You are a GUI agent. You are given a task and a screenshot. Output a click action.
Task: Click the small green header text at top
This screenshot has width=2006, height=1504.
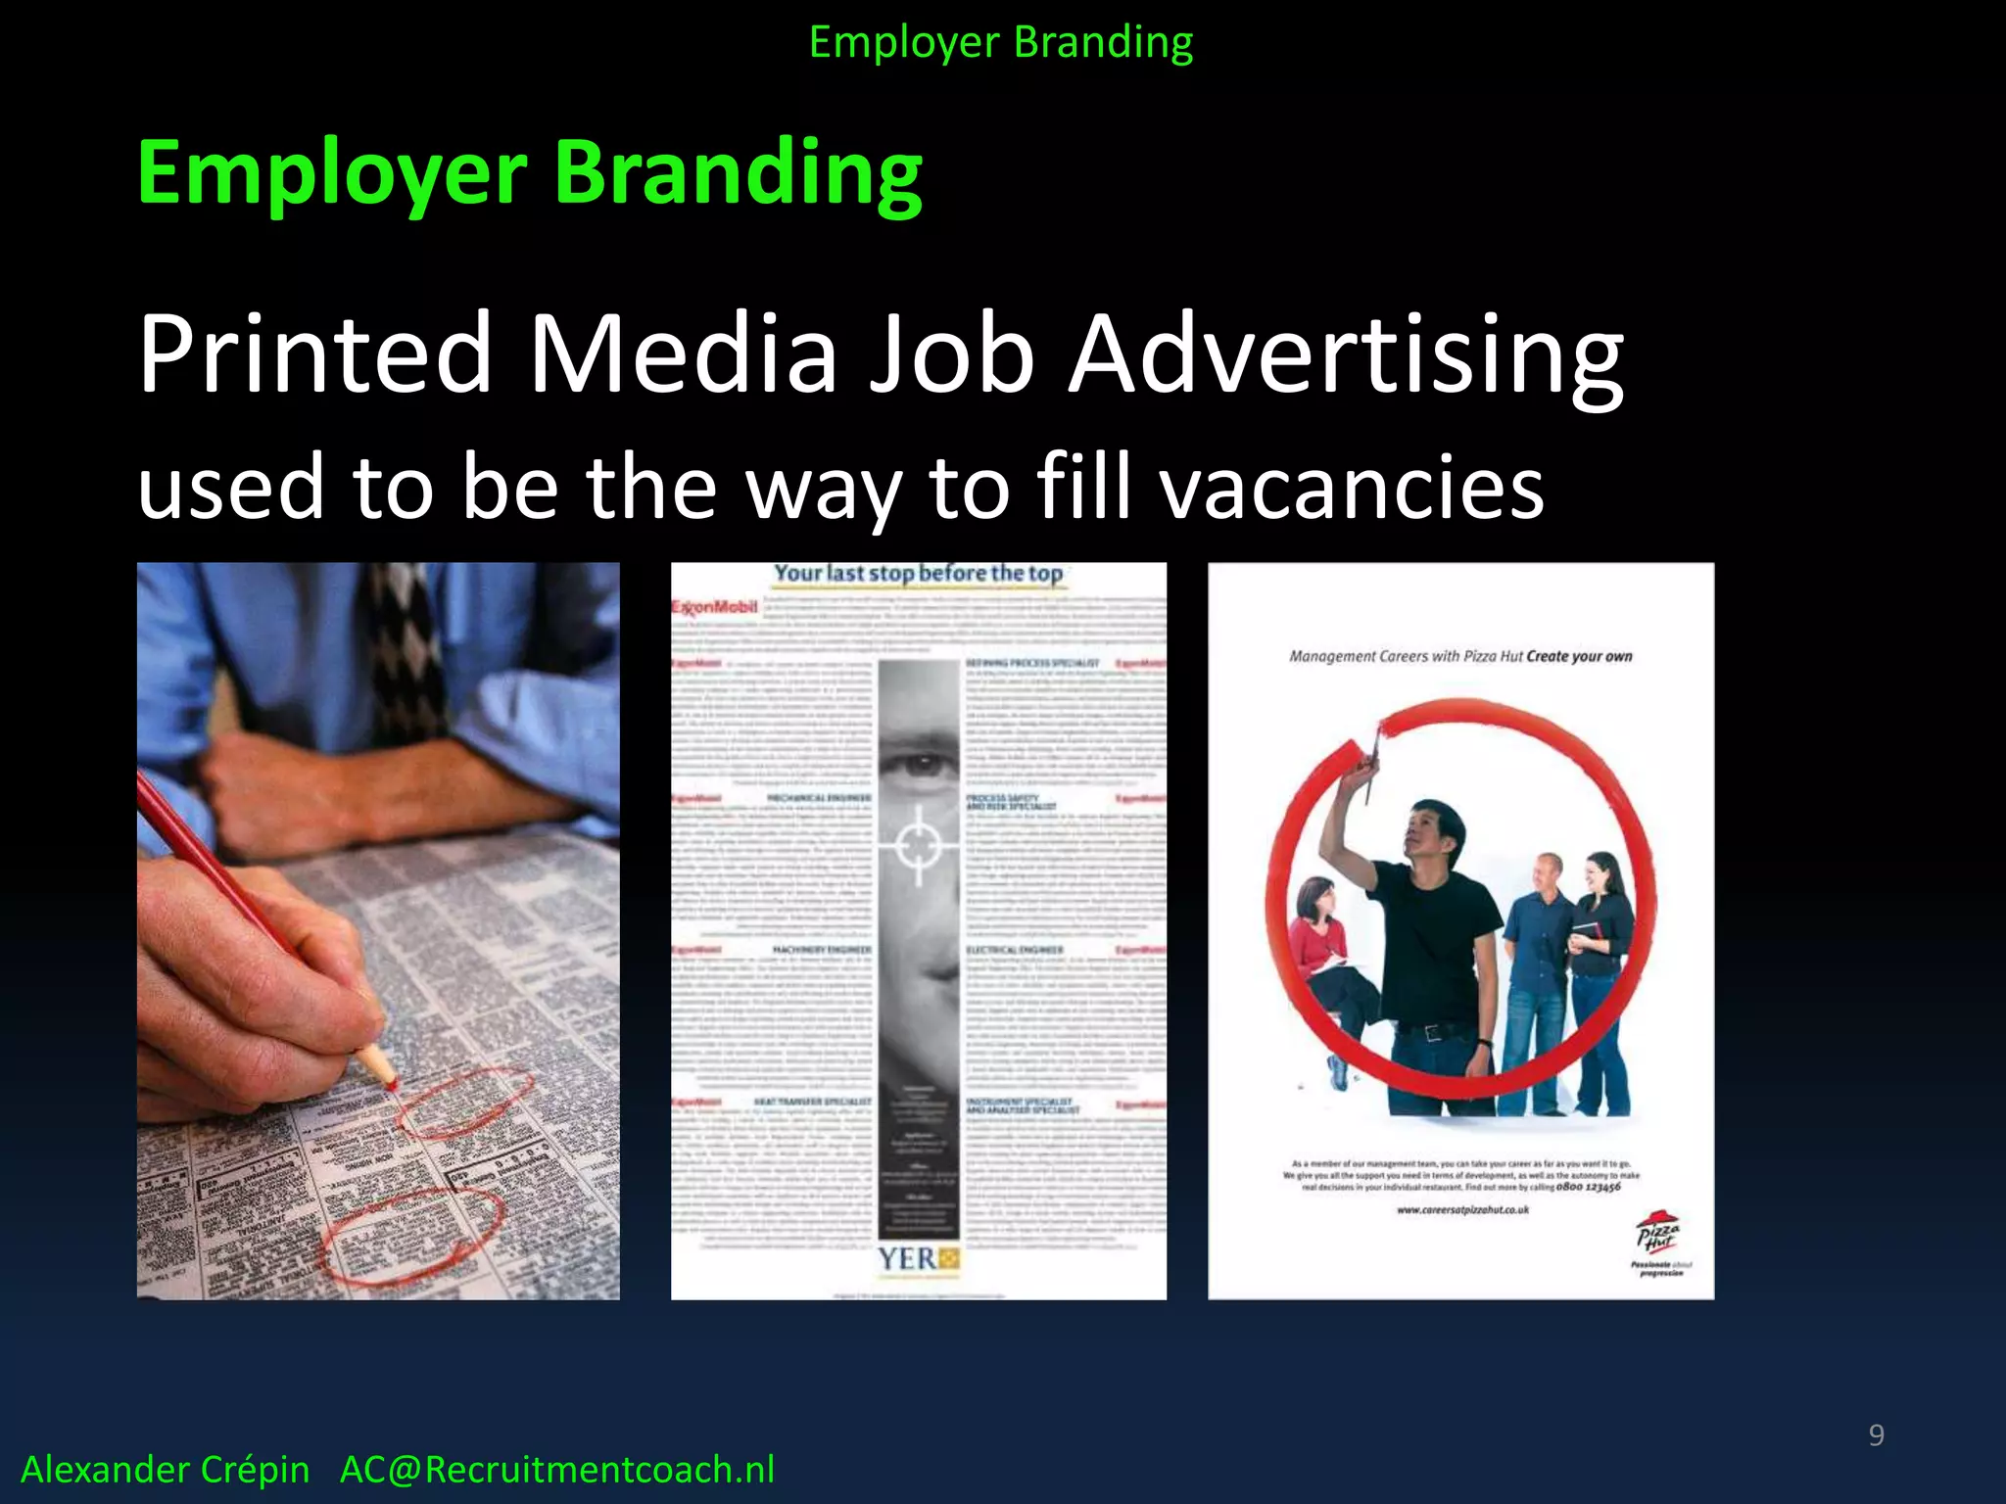click(1001, 43)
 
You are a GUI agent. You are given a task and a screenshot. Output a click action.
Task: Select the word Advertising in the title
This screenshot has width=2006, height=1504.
click(1346, 354)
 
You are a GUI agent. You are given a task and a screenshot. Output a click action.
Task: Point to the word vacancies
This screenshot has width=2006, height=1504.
click(1352, 488)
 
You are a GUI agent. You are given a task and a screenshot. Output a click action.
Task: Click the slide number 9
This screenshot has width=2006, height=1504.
click(1876, 1434)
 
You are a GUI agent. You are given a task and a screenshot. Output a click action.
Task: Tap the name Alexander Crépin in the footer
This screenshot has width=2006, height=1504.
click(166, 1470)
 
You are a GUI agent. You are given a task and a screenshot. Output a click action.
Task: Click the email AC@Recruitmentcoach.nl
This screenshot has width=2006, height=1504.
click(556, 1470)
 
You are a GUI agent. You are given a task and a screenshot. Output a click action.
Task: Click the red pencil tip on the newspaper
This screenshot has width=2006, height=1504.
click(389, 1082)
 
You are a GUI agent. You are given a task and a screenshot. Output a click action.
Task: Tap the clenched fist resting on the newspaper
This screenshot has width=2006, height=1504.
click(264, 783)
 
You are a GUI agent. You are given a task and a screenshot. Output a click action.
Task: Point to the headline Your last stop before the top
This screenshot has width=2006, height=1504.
click(918, 574)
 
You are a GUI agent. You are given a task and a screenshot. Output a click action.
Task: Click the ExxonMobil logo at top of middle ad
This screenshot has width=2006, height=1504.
click(715, 607)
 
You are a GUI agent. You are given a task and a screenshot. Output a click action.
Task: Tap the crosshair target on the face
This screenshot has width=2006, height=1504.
click(919, 842)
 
